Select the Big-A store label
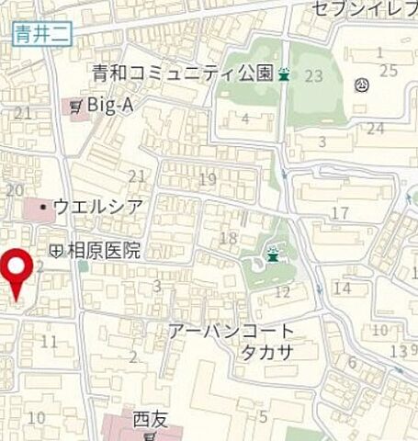tap(110, 106)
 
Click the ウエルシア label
tap(97, 207)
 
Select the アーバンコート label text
tap(232, 332)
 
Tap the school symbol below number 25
tap(362, 86)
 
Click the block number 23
tap(314, 76)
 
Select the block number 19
tap(207, 179)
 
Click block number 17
tap(340, 214)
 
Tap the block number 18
tap(230, 241)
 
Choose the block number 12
tap(282, 292)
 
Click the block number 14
tap(343, 288)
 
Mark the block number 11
tap(50, 343)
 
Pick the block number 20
tap(14, 189)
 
